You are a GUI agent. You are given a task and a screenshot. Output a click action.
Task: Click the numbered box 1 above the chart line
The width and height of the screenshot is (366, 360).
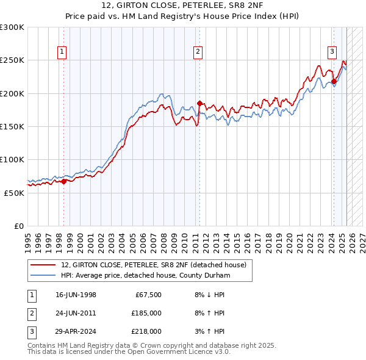point(63,52)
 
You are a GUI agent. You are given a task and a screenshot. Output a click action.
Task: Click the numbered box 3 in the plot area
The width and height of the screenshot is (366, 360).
point(332,52)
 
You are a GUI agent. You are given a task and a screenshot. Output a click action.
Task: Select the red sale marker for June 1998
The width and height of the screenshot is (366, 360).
point(63,181)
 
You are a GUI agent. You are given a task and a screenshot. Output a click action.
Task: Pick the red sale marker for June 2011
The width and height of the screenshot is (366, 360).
point(199,103)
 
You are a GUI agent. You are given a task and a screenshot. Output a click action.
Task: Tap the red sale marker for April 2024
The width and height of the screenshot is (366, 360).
point(334,81)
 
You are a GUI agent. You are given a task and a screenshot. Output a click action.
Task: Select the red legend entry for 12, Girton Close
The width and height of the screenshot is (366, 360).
point(153,265)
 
